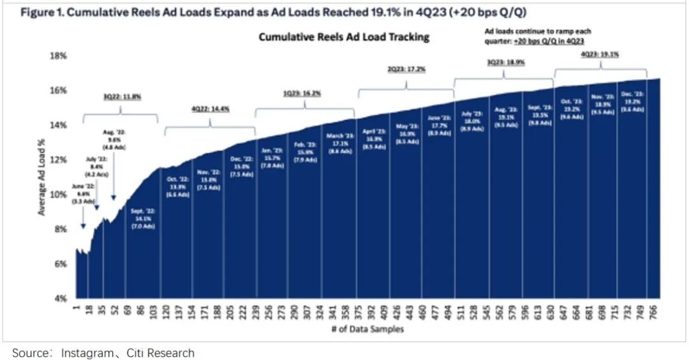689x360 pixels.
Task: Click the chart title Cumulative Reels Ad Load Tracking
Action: (344, 37)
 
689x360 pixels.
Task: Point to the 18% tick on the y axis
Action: (59, 56)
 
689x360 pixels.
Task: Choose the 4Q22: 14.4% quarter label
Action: (210, 109)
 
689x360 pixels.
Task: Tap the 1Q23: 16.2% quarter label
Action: (302, 93)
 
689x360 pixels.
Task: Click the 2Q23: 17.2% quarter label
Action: (407, 68)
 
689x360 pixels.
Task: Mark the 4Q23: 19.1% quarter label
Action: (600, 54)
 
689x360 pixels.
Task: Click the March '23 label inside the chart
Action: (339, 138)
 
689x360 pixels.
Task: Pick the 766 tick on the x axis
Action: (654, 310)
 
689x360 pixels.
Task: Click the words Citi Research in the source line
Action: (162, 352)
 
